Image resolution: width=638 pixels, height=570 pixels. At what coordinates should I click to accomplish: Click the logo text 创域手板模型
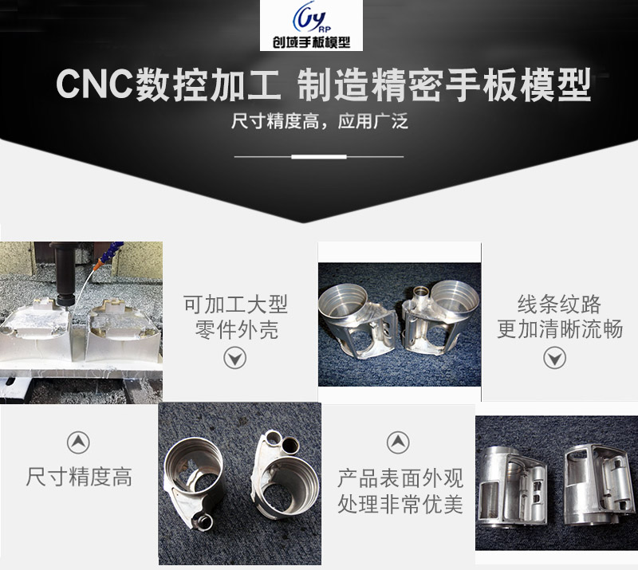(x=312, y=42)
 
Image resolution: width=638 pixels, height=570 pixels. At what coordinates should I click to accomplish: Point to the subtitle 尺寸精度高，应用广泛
(x=319, y=121)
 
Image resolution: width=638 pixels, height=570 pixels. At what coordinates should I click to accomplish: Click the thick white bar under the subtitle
(x=319, y=156)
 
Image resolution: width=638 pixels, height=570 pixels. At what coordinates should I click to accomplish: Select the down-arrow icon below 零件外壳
(x=234, y=359)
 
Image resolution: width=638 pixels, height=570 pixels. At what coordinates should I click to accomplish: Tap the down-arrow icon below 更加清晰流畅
(x=554, y=358)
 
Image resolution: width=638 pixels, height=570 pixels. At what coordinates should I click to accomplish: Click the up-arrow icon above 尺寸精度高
(x=78, y=442)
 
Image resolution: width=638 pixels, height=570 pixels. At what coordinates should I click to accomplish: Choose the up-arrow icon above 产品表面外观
(x=398, y=442)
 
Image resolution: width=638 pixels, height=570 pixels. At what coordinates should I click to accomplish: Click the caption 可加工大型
(x=235, y=305)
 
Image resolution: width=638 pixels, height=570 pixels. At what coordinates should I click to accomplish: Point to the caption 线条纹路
(x=559, y=305)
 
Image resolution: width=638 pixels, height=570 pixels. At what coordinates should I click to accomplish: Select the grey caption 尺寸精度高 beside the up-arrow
(x=79, y=477)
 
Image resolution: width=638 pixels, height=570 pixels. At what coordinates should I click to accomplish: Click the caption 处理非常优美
(x=400, y=505)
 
